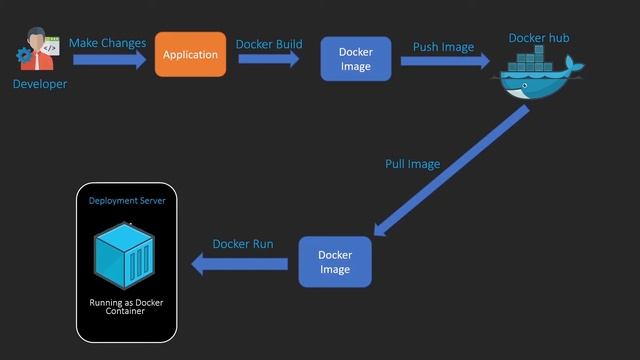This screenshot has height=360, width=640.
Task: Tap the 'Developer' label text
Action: pyautogui.click(x=40, y=84)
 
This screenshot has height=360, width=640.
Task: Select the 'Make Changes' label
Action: pyautogui.click(x=108, y=43)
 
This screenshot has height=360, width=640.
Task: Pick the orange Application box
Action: pyautogui.click(x=190, y=54)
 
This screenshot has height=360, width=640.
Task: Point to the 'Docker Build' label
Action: pyautogui.click(x=269, y=44)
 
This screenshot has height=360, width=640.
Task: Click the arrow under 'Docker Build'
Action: pyautogui.click(x=269, y=60)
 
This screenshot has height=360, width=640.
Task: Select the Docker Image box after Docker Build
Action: pyautogui.click(x=355, y=59)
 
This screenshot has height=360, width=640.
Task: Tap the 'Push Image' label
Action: pyautogui.click(x=443, y=46)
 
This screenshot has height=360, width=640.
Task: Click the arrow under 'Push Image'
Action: pyautogui.click(x=444, y=62)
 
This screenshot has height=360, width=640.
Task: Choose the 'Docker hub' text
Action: pyautogui.click(x=539, y=38)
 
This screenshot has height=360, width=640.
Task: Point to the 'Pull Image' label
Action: pyautogui.click(x=412, y=163)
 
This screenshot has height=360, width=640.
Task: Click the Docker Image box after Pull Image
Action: pyautogui.click(x=335, y=262)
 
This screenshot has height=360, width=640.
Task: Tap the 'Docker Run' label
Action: pyautogui.click(x=242, y=244)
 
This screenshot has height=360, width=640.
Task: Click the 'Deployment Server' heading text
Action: pyautogui.click(x=127, y=200)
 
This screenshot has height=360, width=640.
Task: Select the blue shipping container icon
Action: pyautogui.click(x=124, y=254)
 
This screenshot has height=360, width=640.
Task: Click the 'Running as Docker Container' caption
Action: pyautogui.click(x=127, y=305)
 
